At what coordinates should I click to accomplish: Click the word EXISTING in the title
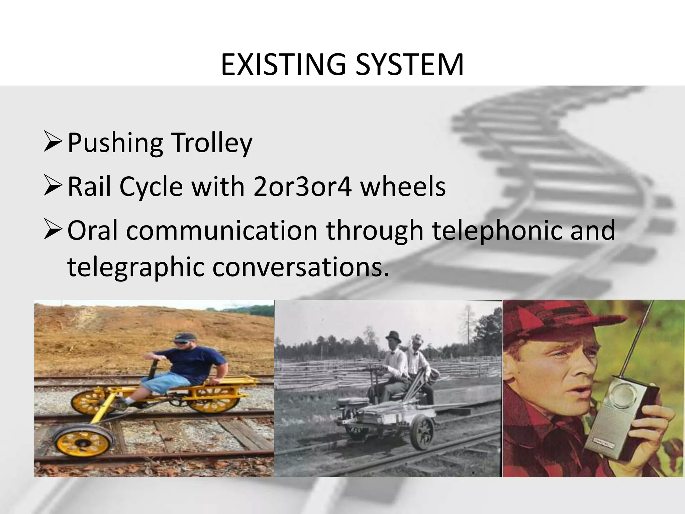point(283,65)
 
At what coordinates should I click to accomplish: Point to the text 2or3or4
point(303,187)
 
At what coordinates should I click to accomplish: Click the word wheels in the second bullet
point(403,187)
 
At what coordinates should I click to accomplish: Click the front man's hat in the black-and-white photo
point(393,336)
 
